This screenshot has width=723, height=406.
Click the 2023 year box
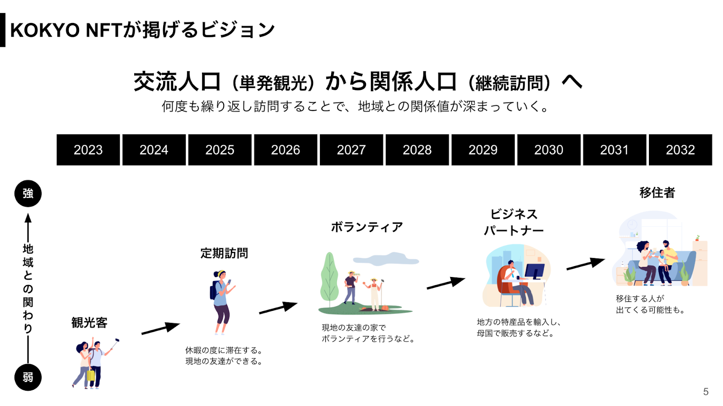coord(88,150)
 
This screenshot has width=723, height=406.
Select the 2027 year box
coord(352,150)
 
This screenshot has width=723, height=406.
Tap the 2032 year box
coord(681,150)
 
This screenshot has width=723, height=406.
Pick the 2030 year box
coord(549,150)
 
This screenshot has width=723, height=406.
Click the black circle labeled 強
coord(28,194)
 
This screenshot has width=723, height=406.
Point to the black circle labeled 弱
coord(28,377)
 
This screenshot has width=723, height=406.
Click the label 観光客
coord(89,323)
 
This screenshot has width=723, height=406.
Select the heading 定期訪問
coord(224,253)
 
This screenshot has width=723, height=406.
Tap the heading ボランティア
coord(367,227)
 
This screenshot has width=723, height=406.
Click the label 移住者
coord(657,193)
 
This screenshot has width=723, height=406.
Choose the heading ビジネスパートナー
coord(514,222)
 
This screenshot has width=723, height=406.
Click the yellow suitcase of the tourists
coord(91,375)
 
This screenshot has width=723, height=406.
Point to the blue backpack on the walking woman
coord(214,290)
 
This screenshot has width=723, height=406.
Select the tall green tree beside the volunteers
coord(329,279)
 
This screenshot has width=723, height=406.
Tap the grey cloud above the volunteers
coord(386,259)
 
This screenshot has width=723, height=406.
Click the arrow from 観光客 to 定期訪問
coord(161,328)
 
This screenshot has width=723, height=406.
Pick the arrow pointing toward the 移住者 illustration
coord(586,263)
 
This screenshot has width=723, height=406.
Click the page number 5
coord(706,392)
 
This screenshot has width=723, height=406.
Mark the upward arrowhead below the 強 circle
coord(28,218)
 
